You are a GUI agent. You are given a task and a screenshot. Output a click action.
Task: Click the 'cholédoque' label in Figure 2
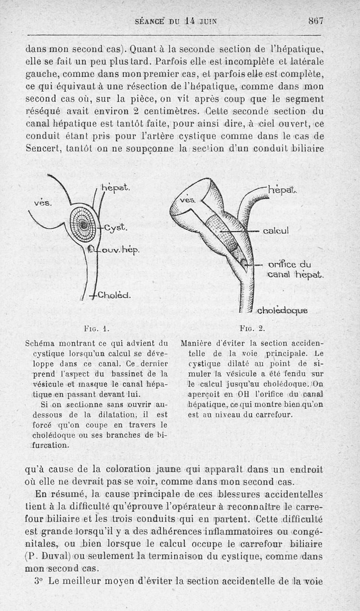click(283, 311)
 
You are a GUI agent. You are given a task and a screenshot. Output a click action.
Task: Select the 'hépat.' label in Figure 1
click(116, 187)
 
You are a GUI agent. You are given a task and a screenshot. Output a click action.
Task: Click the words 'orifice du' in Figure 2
click(289, 265)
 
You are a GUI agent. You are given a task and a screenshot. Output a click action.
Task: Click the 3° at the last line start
click(38, 580)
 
